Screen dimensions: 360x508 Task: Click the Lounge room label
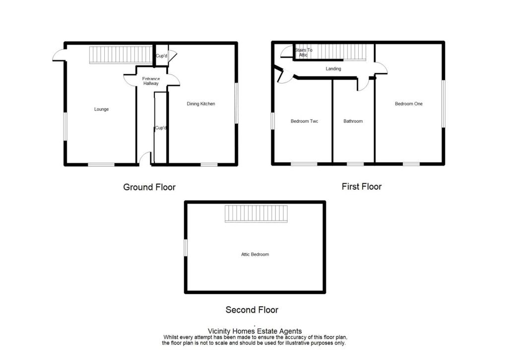(x=102, y=109)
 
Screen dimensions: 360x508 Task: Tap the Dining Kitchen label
(x=201, y=104)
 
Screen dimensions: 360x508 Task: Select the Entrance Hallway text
(x=151, y=81)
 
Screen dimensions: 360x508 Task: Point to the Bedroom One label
(x=409, y=104)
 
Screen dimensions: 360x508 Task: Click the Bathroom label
(x=353, y=121)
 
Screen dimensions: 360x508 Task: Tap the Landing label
(x=333, y=69)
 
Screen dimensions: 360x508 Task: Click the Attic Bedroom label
(x=255, y=254)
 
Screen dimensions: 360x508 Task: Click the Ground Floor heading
(x=149, y=187)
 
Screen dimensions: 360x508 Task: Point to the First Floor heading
(x=362, y=187)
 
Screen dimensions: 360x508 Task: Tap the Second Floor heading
(x=252, y=310)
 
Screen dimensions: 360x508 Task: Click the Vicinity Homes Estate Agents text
(x=254, y=331)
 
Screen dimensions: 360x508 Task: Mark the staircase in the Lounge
(x=120, y=55)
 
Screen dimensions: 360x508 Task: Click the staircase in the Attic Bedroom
(x=256, y=215)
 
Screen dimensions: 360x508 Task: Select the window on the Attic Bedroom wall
(x=186, y=248)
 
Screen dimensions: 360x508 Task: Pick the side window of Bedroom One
(x=443, y=104)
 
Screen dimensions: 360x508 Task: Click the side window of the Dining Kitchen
(x=236, y=103)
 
